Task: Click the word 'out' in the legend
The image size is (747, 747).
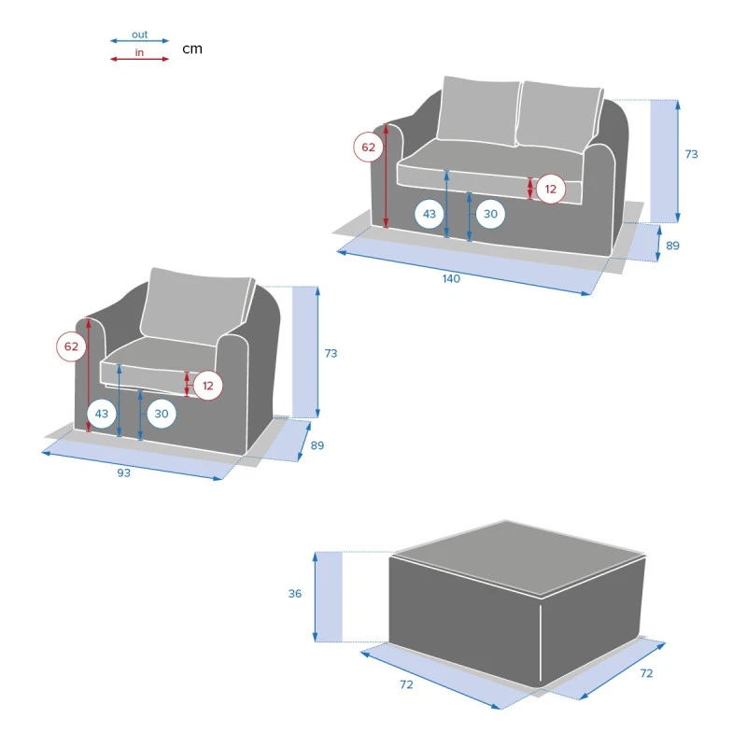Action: point(139,35)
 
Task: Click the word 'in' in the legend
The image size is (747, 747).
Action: point(139,52)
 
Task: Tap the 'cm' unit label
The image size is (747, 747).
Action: point(192,49)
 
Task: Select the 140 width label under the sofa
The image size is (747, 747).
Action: point(451,278)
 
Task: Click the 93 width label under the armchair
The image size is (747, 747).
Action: point(124,472)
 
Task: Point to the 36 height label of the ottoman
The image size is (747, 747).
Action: point(295,594)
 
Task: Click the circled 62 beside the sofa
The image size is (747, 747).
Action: point(368,148)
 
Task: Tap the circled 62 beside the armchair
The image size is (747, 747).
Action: point(71,346)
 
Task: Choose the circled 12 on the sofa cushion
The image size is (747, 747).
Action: point(551,190)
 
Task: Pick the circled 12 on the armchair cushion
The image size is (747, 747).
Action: point(207,386)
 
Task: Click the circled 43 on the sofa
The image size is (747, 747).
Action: point(430,214)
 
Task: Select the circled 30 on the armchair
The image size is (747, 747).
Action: point(162,414)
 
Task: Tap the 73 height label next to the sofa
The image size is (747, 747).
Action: point(691,154)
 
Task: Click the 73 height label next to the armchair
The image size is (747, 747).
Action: point(331,354)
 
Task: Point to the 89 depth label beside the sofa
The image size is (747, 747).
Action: point(672,246)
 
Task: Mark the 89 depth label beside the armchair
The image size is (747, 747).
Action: point(317,445)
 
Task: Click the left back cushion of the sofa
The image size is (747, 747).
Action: point(478,110)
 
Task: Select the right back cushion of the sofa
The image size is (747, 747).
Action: point(559,116)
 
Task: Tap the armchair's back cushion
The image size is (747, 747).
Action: point(196,306)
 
